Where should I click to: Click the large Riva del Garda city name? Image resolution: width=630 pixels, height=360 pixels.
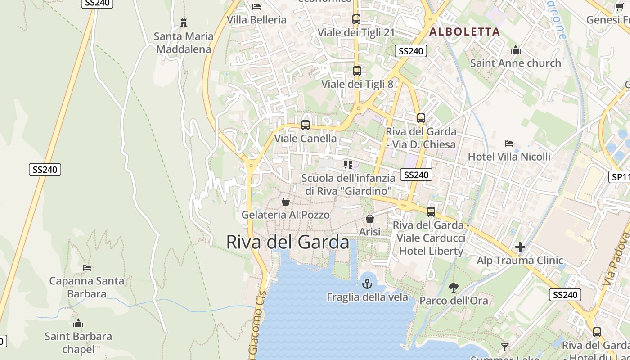click(288, 242)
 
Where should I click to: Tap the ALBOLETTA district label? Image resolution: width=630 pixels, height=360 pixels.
click(464, 31)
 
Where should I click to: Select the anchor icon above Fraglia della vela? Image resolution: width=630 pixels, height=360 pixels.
click(368, 284)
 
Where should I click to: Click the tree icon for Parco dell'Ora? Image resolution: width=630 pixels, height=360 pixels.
click(454, 287)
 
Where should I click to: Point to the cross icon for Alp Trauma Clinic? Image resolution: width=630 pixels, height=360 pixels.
click(520, 247)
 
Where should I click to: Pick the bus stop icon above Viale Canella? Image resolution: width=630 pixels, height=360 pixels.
click(306, 125)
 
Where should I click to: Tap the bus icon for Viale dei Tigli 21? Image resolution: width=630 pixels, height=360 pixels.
click(356, 19)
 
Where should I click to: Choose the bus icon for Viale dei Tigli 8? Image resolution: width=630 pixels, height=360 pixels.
click(357, 71)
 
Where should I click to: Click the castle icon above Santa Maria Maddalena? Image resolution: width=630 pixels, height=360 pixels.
click(183, 23)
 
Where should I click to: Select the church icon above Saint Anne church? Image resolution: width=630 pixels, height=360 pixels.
click(516, 50)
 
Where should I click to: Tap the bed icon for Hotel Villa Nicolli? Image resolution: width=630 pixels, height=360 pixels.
click(509, 144)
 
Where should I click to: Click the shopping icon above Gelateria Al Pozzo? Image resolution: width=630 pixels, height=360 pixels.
click(285, 202)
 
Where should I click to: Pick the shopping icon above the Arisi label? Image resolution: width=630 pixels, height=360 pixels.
click(370, 219)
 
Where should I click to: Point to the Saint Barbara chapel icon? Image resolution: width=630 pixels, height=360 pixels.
click(78, 323)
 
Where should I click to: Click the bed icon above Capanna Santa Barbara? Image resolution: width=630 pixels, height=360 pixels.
click(87, 268)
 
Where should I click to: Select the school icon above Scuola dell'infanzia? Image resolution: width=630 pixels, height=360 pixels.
click(348, 165)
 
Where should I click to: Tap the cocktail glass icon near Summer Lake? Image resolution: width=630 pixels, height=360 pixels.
click(505, 347)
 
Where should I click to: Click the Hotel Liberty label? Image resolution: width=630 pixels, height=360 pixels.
click(431, 251)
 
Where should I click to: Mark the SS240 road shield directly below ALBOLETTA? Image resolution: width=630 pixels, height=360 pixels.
click(410, 51)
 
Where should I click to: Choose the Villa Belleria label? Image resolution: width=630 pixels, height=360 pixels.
click(256, 20)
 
